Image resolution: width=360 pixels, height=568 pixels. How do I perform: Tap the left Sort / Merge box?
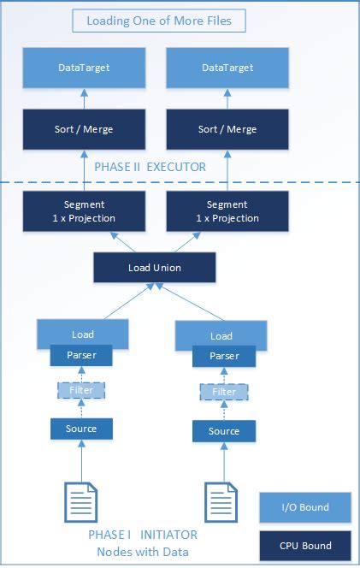[x=83, y=129]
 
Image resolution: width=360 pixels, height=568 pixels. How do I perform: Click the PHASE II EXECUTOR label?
[x=150, y=167]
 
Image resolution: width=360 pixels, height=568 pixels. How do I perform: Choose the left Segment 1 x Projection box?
[x=83, y=210]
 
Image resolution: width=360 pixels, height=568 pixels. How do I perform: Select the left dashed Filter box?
[x=82, y=390]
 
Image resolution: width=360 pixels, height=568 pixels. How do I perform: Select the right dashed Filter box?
[x=223, y=393]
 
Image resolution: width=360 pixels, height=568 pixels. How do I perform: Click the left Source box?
[x=82, y=427]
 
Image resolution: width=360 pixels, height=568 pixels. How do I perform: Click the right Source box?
[x=223, y=430]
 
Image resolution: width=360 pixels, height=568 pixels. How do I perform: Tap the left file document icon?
[x=82, y=503]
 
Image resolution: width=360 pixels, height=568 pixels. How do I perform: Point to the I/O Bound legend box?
[x=306, y=507]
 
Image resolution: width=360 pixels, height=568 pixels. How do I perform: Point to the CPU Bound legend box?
[x=306, y=545]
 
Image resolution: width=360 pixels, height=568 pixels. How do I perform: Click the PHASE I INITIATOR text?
[x=142, y=535]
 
